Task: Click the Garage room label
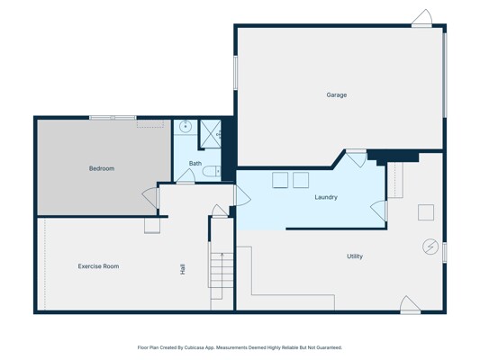point(337,95)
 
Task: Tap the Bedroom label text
point(102,168)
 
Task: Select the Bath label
point(195,164)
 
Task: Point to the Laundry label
point(326,197)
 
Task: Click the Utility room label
point(355,256)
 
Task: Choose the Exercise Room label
point(98,266)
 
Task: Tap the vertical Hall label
point(183,269)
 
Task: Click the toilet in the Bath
point(212,171)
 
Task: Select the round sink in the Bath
point(186,126)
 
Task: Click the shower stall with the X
point(211,134)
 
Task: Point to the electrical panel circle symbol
point(430,247)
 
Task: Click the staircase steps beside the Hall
point(221,270)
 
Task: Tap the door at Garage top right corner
point(421,18)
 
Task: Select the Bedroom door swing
point(150,197)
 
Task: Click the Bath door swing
point(186,176)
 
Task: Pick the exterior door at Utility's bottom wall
point(410,304)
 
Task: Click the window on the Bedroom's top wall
point(113,118)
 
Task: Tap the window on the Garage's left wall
point(235,73)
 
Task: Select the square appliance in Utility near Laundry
point(426,212)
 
